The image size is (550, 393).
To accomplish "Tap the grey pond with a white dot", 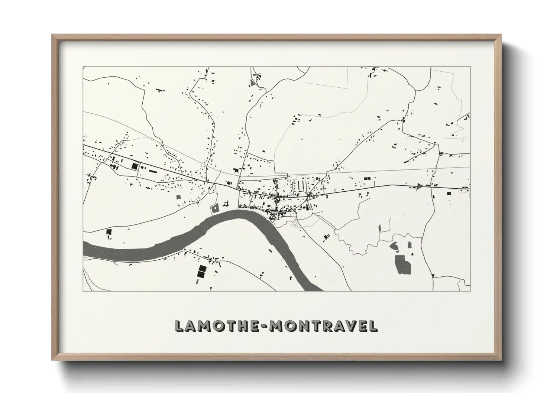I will click(215, 209).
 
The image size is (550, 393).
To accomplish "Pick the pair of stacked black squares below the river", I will click(202, 272).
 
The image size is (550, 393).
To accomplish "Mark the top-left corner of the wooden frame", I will click(52, 35).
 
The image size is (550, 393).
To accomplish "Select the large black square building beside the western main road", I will click(134, 166).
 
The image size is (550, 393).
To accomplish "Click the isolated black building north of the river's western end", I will click(109, 232).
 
